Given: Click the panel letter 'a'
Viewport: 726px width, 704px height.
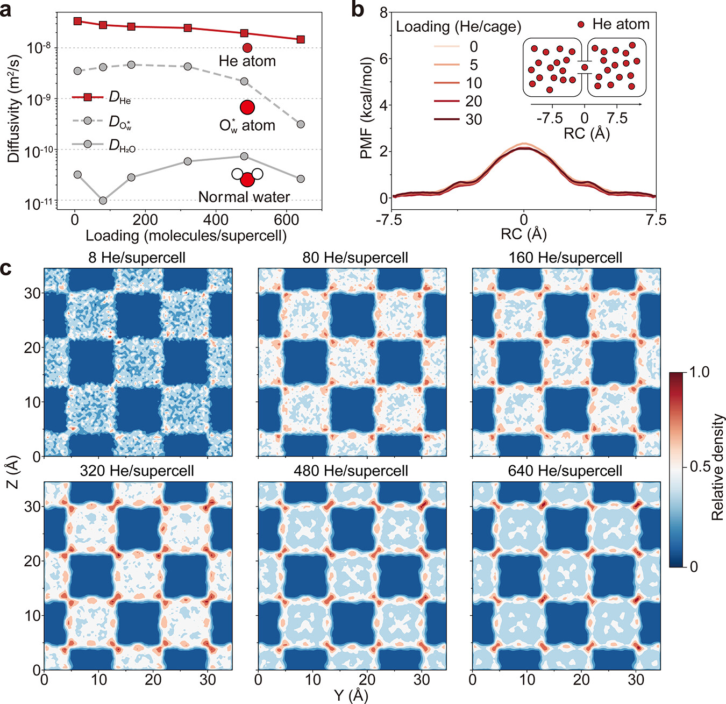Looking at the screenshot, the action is (6, 10).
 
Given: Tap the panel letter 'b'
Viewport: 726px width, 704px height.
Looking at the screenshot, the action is (358, 9).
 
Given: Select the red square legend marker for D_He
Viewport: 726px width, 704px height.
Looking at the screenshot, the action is (87, 97).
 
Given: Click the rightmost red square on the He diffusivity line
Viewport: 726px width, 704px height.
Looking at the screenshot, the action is (300, 39).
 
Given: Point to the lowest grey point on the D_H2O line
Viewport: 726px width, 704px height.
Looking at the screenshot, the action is (103, 201).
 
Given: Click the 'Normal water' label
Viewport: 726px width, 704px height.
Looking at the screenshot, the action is (244, 197).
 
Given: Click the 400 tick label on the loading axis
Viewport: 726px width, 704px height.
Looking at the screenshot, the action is (215, 220).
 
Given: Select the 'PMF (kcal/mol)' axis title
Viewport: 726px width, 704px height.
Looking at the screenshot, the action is (367, 108).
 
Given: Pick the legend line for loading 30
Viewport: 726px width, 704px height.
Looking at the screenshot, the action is (446, 119).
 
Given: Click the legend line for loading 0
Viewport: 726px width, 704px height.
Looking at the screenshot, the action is (446, 47).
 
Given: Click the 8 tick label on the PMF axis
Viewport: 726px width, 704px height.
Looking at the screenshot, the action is (383, 13).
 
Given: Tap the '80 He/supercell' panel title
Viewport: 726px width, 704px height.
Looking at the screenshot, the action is (355, 258).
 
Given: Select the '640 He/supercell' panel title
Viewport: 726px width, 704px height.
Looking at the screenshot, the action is (565, 471).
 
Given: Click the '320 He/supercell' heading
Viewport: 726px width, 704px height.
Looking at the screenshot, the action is (137, 471).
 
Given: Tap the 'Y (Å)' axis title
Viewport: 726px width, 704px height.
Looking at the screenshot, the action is (351, 695).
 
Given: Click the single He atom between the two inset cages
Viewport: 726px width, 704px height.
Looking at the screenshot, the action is (585, 67).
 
